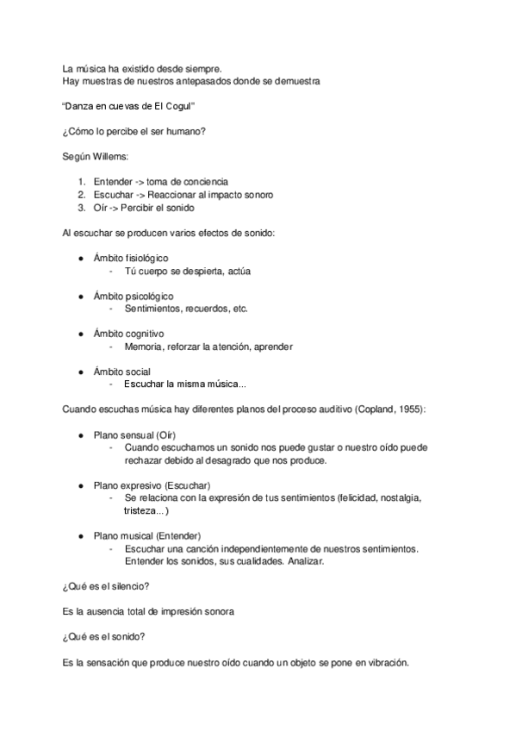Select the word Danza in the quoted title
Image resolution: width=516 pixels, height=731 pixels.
(x=84, y=106)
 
